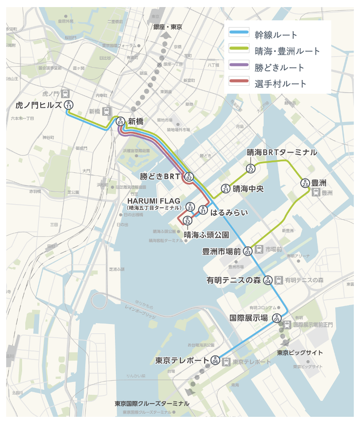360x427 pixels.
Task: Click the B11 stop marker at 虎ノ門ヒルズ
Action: tap(69, 105)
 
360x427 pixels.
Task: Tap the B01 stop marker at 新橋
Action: tap(120, 121)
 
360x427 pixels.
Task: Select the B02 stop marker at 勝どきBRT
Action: tap(189, 177)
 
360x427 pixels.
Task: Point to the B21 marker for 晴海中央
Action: tap(226, 189)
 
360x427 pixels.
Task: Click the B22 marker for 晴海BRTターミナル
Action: tap(250, 168)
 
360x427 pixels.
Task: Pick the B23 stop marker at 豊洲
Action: tap(305, 183)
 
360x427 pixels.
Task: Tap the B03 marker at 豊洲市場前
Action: tap(248, 251)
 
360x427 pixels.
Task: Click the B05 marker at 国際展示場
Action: tap(276, 317)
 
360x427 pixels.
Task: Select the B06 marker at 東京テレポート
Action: tap(215, 360)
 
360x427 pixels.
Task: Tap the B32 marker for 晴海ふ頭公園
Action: tap(188, 220)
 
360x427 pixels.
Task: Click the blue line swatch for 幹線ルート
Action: tap(239, 34)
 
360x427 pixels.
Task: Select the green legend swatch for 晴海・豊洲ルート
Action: tap(239, 51)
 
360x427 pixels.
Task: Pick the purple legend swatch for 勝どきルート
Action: tap(239, 67)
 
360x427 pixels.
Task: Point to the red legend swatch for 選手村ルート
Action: tap(239, 83)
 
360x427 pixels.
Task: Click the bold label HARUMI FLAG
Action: tap(153, 201)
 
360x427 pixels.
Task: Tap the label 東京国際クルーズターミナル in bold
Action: tap(152, 404)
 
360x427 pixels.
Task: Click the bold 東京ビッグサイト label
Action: tap(300, 353)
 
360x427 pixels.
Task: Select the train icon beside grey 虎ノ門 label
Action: tap(65, 94)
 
